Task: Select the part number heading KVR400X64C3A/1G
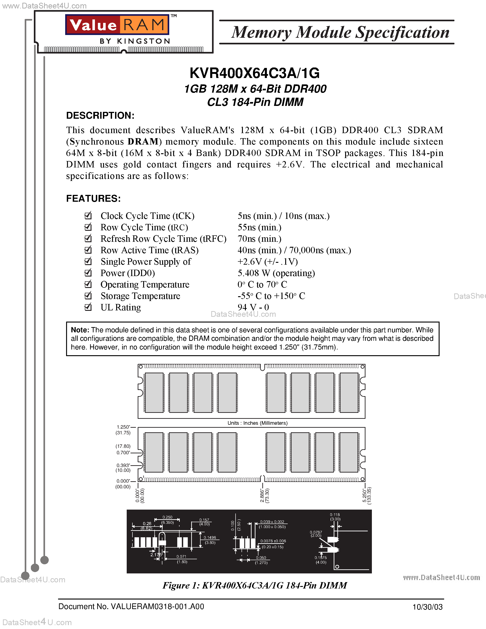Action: tap(255, 73)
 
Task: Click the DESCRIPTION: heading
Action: tap(100, 116)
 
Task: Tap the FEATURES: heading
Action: tap(93, 199)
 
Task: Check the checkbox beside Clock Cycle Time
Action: tap(88, 215)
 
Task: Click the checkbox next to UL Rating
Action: tap(88, 307)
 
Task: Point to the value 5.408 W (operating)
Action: tap(276, 273)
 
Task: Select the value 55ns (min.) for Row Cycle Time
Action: tap(259, 227)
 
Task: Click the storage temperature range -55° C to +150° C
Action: tap(271, 296)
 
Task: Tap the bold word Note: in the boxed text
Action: tap(80, 330)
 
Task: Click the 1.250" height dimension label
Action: tap(123, 427)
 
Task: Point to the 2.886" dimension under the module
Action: tap(262, 495)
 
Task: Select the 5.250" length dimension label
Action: tap(365, 495)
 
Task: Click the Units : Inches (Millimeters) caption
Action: tap(257, 423)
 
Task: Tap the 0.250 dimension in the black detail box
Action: tap(167, 517)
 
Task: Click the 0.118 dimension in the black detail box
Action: tap(335, 515)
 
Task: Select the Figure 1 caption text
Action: tap(255, 586)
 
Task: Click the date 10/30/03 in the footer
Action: tap(427, 607)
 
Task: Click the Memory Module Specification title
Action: tap(340, 32)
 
